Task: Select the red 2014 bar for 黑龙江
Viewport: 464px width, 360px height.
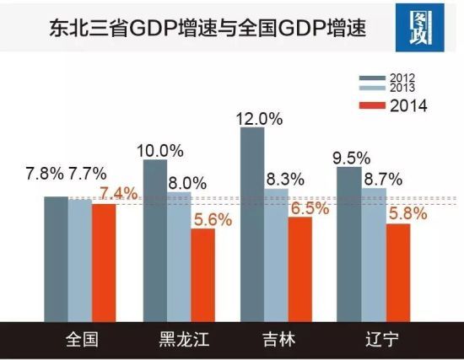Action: click(203, 275)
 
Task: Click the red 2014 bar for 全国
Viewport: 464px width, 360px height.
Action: click(104, 262)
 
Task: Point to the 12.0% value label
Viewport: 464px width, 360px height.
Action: click(258, 119)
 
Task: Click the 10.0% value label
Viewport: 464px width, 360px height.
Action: click(159, 151)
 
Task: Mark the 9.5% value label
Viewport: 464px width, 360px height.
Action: click(351, 157)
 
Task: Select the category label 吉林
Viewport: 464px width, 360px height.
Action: click(278, 341)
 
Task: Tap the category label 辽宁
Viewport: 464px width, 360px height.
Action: click(373, 341)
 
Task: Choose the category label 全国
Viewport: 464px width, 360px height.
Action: click(82, 341)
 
